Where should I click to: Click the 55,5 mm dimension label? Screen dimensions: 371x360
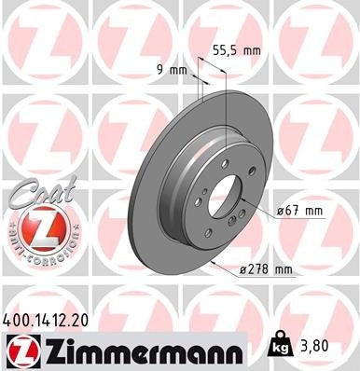pyautogui.click(x=234, y=51)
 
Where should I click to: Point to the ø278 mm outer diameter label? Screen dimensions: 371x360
pyautogui.click(x=265, y=270)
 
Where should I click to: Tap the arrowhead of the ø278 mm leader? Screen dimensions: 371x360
pyautogui.click(x=214, y=264)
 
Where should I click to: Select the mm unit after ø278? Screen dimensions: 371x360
pyautogui.click(x=282, y=270)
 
